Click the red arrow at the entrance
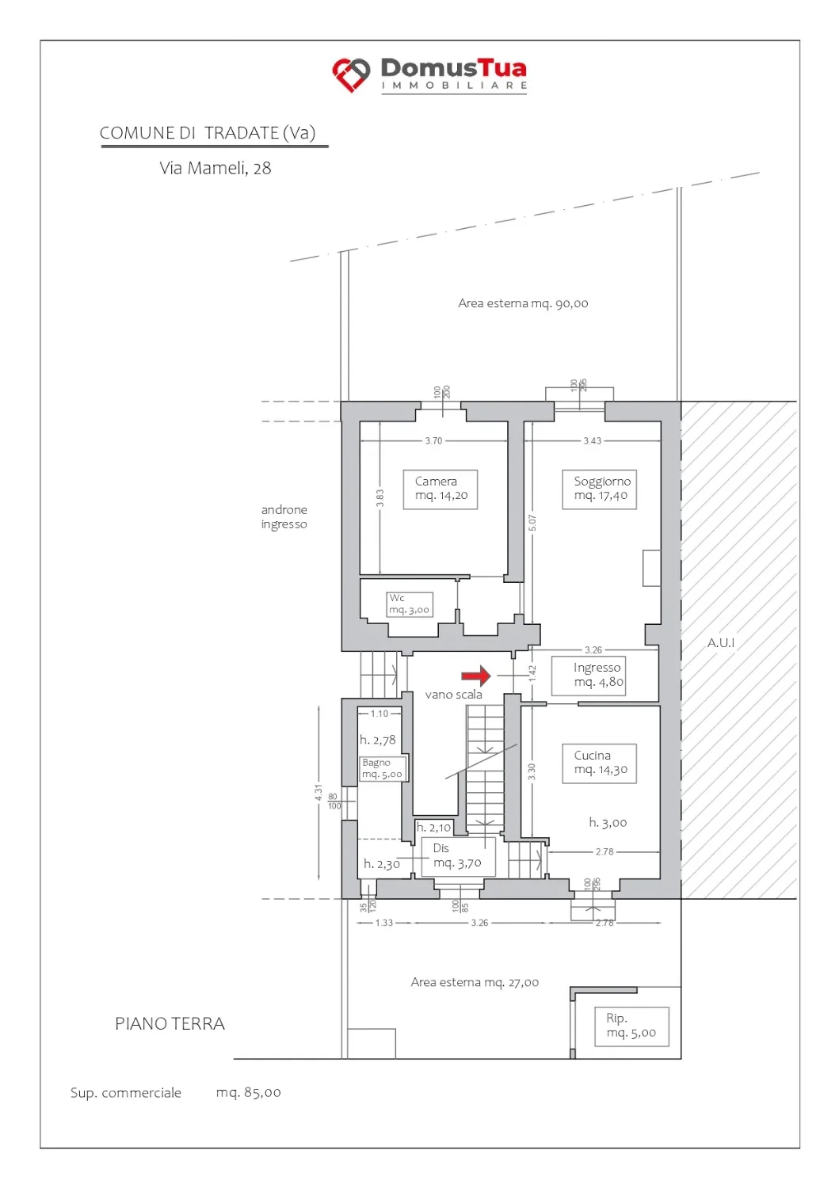tap(475, 676)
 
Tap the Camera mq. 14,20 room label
tap(440, 489)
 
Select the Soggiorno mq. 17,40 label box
tap(599, 489)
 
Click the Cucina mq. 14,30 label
tap(599, 763)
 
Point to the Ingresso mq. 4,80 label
tap(588, 676)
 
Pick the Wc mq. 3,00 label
tap(409, 604)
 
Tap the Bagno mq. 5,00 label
tap(382, 768)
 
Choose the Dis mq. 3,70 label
tap(458, 856)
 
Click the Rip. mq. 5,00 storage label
tap(631, 1026)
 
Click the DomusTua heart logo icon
tap(351, 74)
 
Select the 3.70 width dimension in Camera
tap(433, 440)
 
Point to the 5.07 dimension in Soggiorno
tap(532, 523)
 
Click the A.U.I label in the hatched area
tap(721, 643)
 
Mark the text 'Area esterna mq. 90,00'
tap(523, 303)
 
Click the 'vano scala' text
tap(453, 695)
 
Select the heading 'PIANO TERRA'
tap(170, 1023)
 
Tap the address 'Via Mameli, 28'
tap(215, 168)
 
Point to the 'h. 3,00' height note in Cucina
tap(608, 823)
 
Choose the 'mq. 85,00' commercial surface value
tap(248, 1092)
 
